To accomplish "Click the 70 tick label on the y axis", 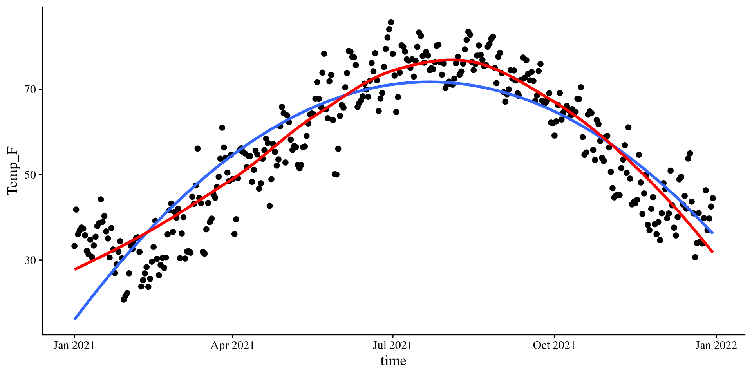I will [x=30, y=90].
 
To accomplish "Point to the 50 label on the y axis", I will [x=30, y=175].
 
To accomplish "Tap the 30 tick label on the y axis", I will [x=30, y=260].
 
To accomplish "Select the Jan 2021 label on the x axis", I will [x=74, y=345].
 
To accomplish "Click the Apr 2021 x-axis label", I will [x=233, y=345].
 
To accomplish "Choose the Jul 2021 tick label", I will [x=392, y=345].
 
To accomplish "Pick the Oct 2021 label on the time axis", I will [x=554, y=345].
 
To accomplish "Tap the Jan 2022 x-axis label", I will [x=716, y=345].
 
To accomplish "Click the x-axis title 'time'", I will [x=393, y=361].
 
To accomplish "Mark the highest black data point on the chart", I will [x=391, y=22].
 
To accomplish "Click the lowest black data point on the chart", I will [x=124, y=300].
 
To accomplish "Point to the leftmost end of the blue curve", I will [x=75, y=319].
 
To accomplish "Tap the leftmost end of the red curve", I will [x=75, y=269].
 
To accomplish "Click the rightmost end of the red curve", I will [x=713, y=252].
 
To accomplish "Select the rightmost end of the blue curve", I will [x=713, y=233].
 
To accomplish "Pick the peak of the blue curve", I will [x=429, y=82].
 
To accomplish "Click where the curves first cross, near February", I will [x=145, y=233].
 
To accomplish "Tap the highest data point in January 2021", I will [x=101, y=199].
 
